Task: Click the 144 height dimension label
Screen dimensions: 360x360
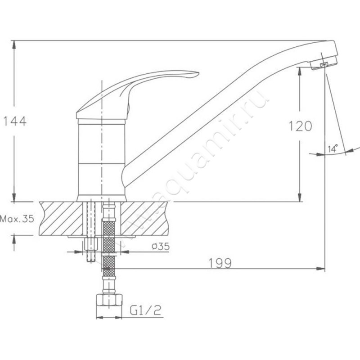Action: pos(15,121)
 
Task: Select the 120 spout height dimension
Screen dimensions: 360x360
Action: pos(300,126)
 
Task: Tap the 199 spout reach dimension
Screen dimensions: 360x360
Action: pos(220,263)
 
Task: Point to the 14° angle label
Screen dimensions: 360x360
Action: pos(333,148)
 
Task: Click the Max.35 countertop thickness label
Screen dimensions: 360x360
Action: pos(17,219)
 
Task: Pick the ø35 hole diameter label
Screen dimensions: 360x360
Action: pos(161,247)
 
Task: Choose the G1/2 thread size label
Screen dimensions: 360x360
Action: pos(145,310)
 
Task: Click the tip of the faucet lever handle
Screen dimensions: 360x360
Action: pos(198,74)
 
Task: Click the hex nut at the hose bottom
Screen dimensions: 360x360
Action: pos(109,300)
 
